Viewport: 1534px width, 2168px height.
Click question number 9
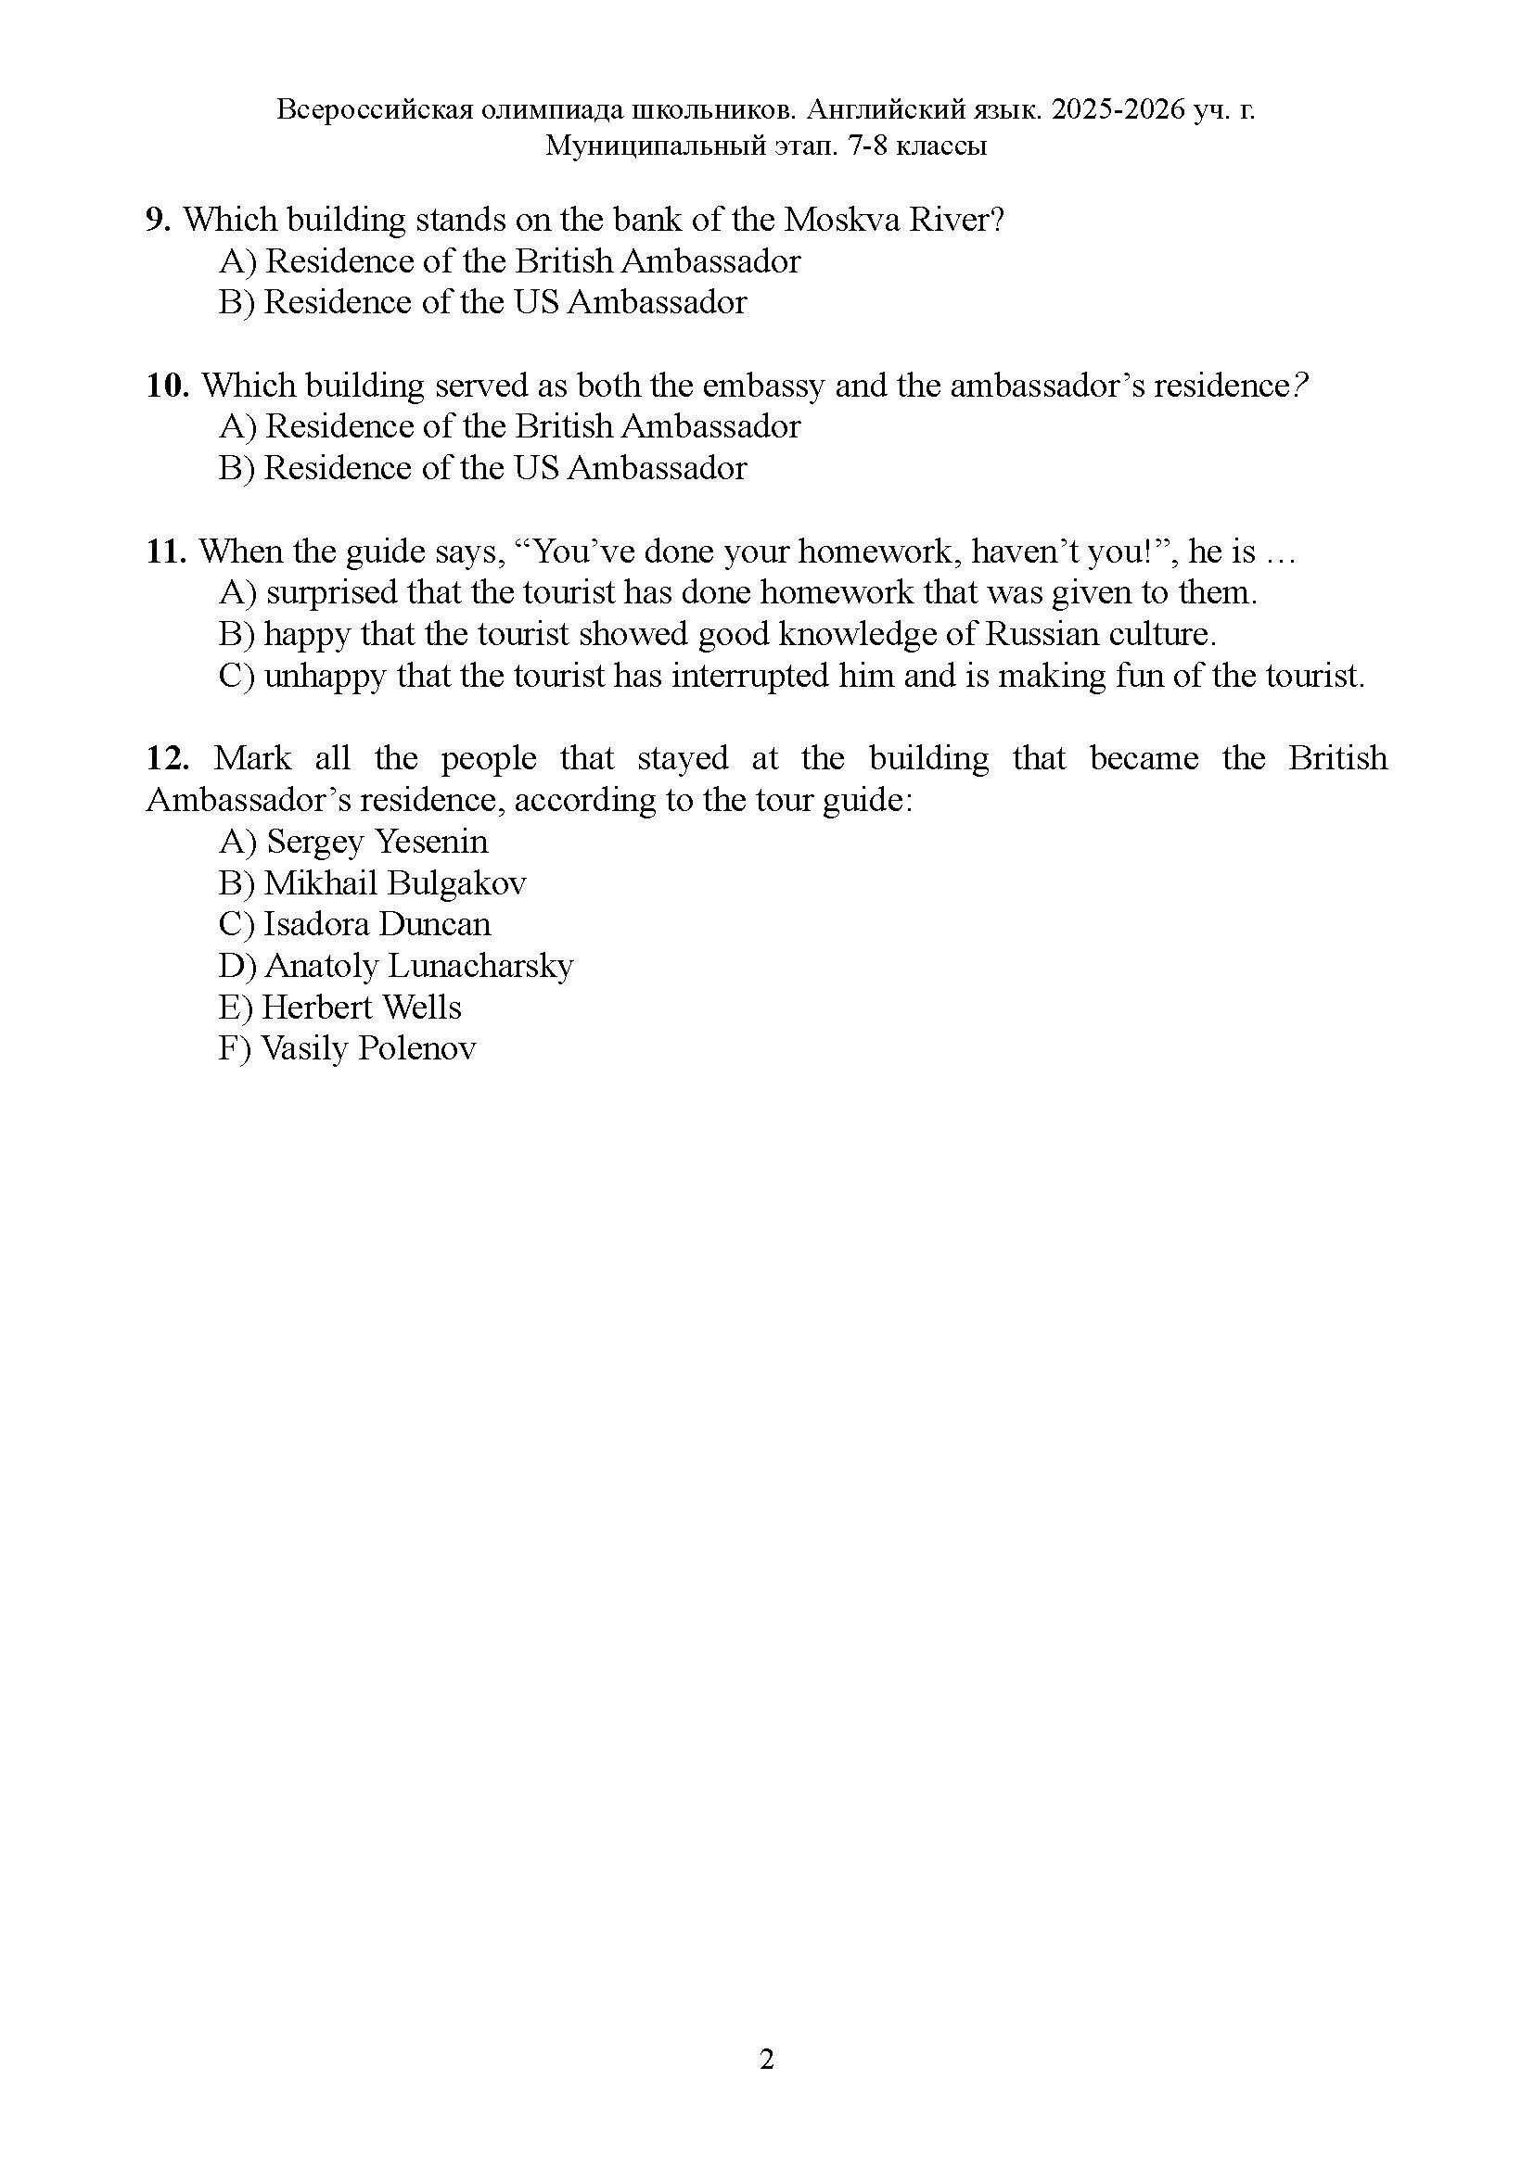coord(158,220)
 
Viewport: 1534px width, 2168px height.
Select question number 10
coord(168,386)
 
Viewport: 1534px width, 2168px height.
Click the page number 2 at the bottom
coord(766,2060)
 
